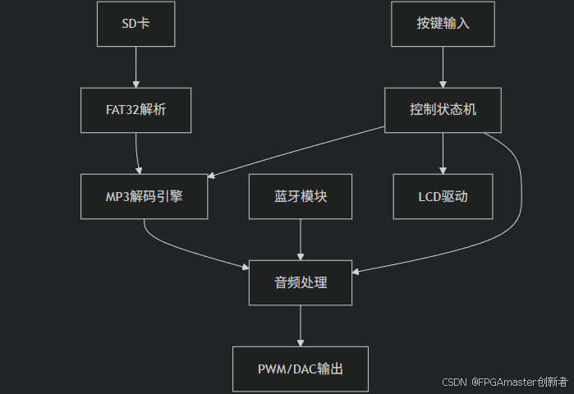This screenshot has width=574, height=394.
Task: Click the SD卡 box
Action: coord(136,23)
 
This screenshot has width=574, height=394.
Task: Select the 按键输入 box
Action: coord(443,23)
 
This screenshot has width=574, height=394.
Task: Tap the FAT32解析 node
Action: coord(136,110)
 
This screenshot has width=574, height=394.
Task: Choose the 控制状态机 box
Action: coord(443,110)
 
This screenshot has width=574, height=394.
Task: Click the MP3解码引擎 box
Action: coord(145,196)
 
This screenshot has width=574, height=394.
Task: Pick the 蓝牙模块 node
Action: coord(301,196)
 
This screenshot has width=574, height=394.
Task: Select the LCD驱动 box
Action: coord(443,196)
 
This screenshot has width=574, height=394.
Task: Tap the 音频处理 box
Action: coord(301,282)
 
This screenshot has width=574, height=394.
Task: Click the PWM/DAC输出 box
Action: coord(301,369)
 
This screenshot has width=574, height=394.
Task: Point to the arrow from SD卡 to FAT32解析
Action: coord(136,67)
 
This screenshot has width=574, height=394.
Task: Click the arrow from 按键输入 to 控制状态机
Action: coord(443,67)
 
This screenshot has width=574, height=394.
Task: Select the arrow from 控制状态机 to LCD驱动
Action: coord(443,153)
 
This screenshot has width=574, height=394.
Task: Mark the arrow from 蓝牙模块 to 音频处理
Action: coord(301,240)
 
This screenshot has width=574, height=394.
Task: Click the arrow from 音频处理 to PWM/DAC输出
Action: coord(301,326)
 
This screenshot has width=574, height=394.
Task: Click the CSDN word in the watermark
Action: coord(454,382)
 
